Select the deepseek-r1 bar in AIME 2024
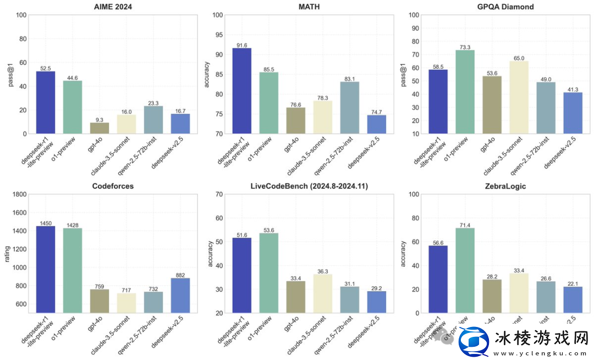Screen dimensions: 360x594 coord(46,102)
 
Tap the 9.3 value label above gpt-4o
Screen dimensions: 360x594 coord(100,119)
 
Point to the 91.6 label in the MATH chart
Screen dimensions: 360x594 coord(242,45)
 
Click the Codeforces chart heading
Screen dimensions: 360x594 coord(113,186)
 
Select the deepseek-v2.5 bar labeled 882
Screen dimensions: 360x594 coord(180,295)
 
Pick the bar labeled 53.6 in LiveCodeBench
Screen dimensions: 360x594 coord(269,272)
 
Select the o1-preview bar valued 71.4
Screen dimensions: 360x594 coord(465,270)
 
